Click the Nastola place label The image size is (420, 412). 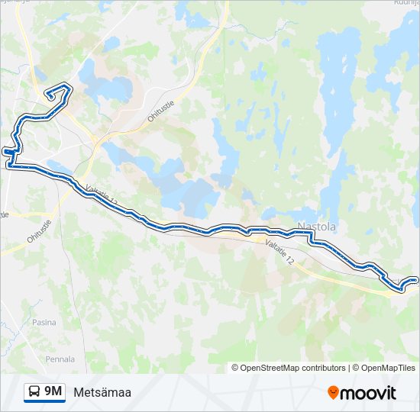(x=316, y=227)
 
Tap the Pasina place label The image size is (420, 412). (x=44, y=323)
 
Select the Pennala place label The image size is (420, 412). (x=60, y=359)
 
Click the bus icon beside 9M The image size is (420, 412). (x=34, y=392)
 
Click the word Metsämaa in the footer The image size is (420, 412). (x=102, y=393)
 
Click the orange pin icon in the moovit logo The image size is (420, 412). (x=333, y=393)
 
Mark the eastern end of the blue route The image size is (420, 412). (x=416, y=280)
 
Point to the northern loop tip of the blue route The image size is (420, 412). (x=50, y=95)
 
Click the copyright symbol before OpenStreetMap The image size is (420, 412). (x=235, y=368)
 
